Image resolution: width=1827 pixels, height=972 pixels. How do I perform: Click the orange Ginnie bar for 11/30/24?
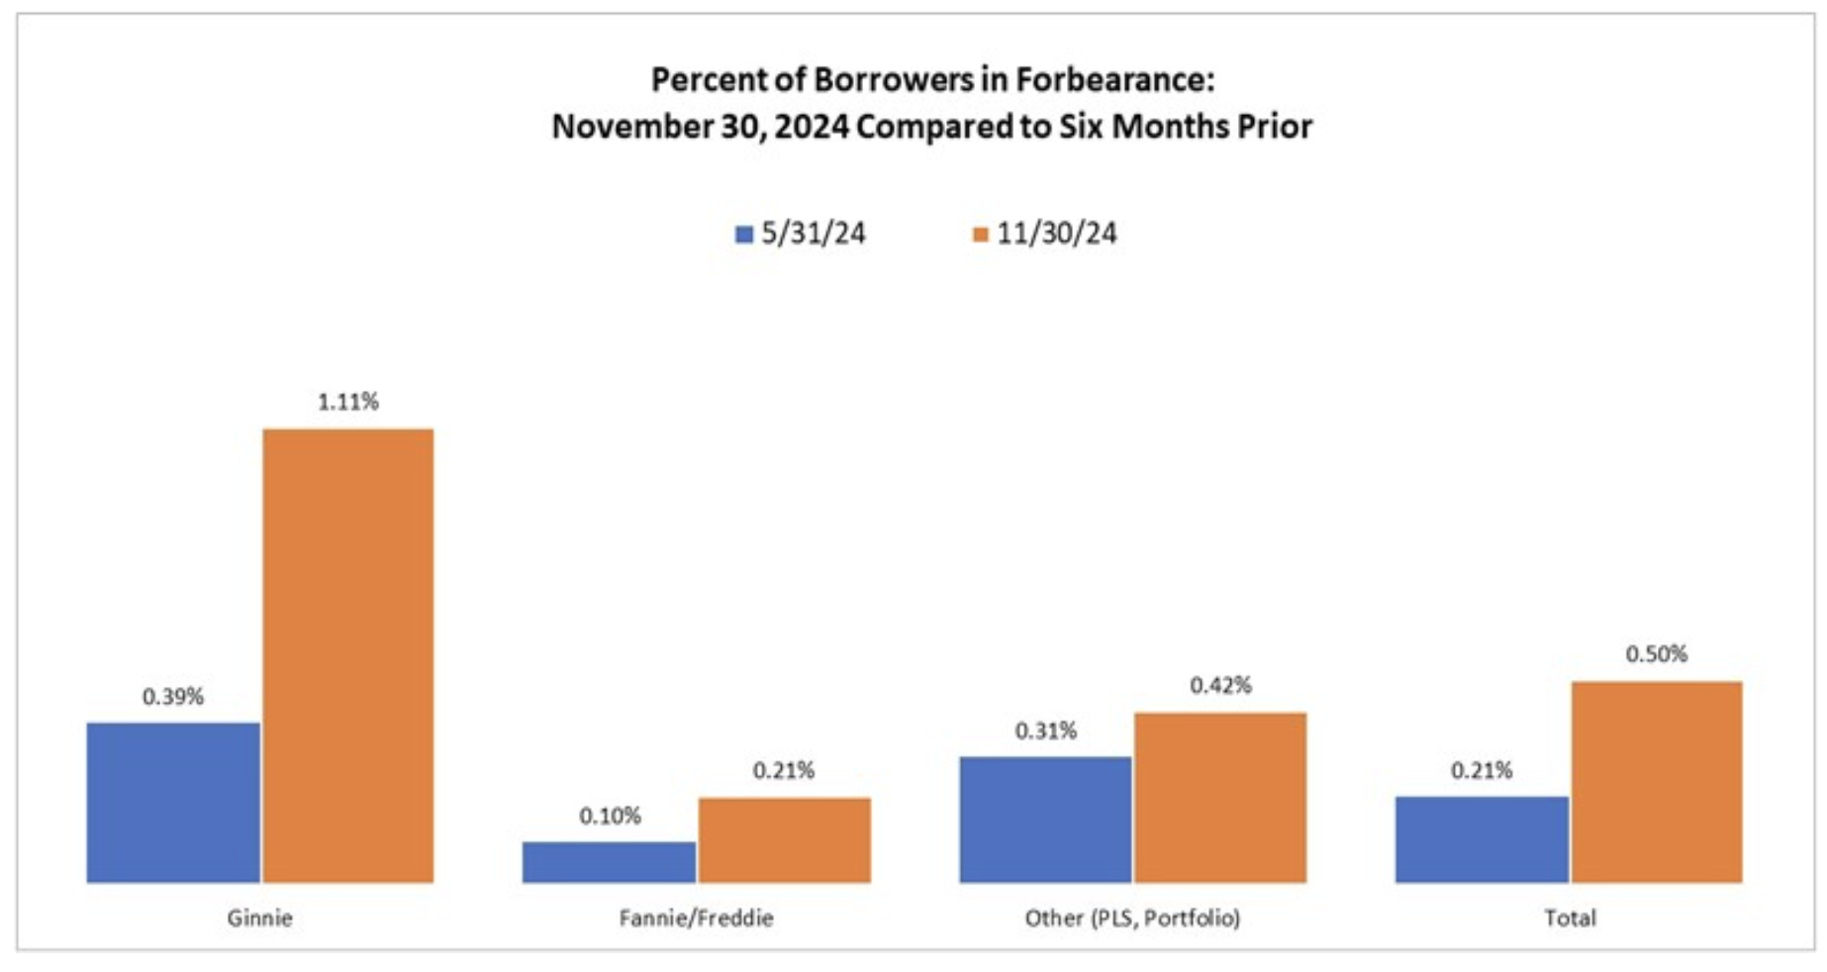[347, 655]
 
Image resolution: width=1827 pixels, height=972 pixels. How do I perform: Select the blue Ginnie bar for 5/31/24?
[173, 802]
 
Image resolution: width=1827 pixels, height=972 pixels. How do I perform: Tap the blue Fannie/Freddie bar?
[609, 861]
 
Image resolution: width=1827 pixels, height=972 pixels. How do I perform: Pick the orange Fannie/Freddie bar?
[784, 839]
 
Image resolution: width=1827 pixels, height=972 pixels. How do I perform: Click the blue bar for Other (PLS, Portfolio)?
[1045, 820]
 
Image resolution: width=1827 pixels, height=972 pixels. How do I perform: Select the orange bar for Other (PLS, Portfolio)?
[1220, 797]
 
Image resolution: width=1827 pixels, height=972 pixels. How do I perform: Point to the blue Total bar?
[1482, 839]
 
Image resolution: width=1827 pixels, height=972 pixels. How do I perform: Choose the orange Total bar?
[1657, 782]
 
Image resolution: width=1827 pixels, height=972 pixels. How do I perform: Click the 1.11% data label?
[347, 402]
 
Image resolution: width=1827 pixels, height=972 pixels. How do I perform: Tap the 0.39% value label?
[173, 697]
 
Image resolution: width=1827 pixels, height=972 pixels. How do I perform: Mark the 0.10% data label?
[610, 816]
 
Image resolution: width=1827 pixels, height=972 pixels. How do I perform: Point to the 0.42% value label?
[1220, 685]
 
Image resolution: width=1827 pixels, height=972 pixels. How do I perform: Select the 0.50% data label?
[1657, 653]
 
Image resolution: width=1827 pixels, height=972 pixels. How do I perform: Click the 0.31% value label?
[1045, 730]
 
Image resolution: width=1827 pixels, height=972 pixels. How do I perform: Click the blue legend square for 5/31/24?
[744, 235]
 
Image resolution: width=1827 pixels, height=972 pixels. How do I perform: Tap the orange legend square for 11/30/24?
[980, 235]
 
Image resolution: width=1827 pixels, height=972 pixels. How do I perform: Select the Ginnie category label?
[259, 918]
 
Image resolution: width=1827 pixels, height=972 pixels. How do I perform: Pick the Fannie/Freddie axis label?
[696, 918]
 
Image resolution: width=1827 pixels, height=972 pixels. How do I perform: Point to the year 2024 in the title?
[812, 127]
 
